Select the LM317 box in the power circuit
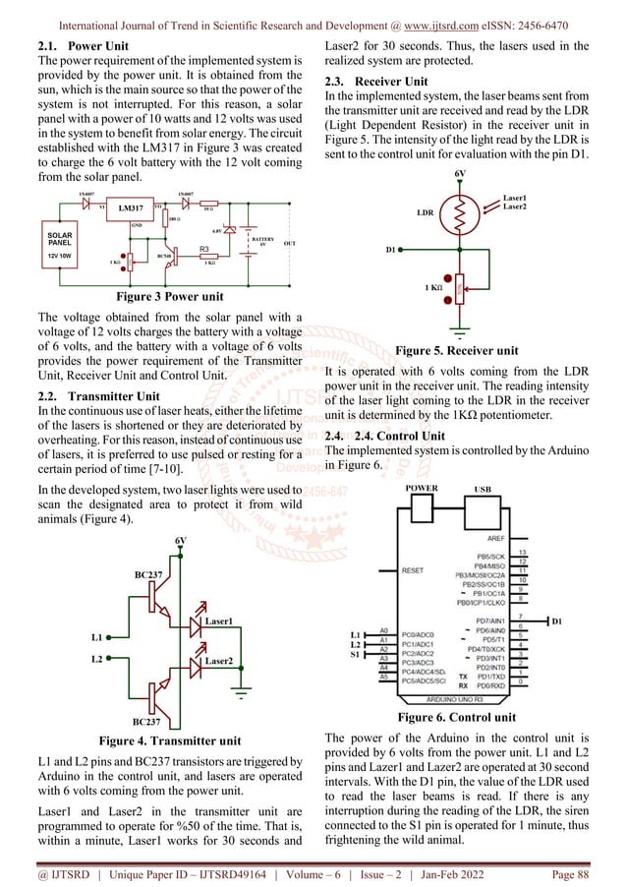tap(124, 208)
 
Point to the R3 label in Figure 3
tap(205, 250)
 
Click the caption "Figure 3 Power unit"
tap(169, 296)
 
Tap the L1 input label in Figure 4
tap(94, 638)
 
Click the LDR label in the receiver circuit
tap(425, 212)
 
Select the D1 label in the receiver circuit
tap(391, 250)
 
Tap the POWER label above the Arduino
tap(423, 487)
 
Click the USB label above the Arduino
tap(483, 487)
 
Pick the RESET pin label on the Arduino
tap(413, 568)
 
